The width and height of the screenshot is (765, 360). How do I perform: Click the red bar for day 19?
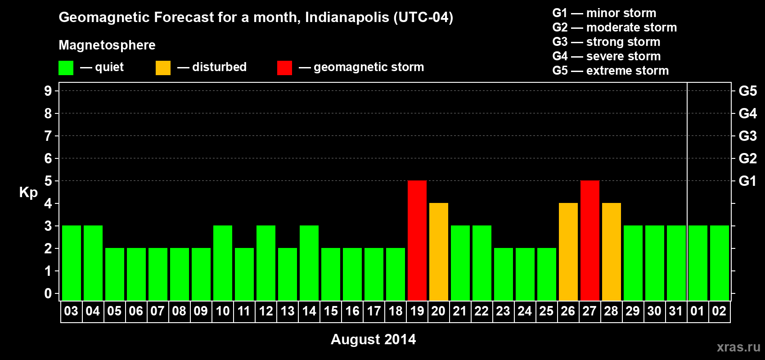(x=417, y=240)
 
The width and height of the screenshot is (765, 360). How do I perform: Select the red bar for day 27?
(x=590, y=240)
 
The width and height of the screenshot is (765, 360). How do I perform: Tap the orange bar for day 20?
(x=439, y=252)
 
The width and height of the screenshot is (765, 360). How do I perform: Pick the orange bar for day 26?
(x=568, y=252)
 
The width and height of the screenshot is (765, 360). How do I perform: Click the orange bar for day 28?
(x=612, y=252)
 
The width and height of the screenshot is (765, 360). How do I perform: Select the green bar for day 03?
(x=72, y=263)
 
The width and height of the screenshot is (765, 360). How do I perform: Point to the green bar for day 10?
(x=223, y=263)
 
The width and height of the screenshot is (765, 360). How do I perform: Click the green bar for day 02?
(x=720, y=263)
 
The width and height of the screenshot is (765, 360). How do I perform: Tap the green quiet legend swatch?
(x=66, y=68)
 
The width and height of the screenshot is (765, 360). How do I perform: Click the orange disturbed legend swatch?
(x=163, y=68)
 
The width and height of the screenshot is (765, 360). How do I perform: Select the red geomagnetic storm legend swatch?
(x=284, y=68)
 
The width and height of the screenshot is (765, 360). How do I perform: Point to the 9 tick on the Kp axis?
(x=48, y=91)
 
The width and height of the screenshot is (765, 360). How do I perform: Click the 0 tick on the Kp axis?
(x=48, y=293)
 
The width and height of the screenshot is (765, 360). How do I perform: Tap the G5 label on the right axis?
(x=747, y=91)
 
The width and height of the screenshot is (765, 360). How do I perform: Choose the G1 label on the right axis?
(x=747, y=181)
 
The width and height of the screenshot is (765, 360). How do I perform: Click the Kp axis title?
(x=28, y=192)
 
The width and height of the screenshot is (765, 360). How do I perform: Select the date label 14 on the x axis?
(x=309, y=311)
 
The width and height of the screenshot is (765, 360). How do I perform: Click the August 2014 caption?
(x=373, y=339)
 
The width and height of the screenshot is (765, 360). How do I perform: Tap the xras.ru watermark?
(x=738, y=347)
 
